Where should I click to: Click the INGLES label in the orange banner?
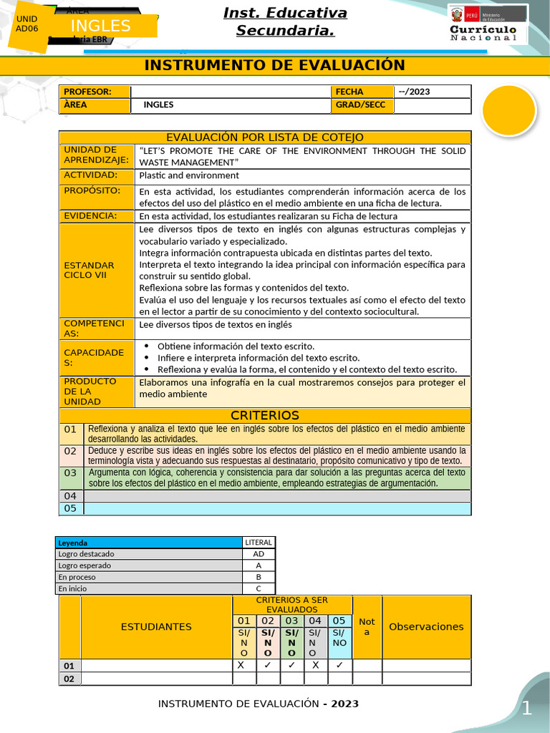pos(101,26)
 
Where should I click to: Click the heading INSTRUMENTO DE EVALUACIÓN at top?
pos(274,66)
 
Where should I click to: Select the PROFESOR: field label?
pos(87,92)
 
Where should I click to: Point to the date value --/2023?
pos(413,92)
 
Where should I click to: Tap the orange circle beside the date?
pos(509,110)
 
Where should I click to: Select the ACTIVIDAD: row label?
pos(90,175)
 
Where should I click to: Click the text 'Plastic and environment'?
pos(189,175)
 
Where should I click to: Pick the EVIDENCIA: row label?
pos(90,216)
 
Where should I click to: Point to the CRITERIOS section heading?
pos(265,415)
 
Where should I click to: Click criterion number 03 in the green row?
pos(70,473)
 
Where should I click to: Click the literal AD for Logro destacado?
pos(259,554)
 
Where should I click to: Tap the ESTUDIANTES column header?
pos(156,627)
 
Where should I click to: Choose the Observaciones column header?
pos(426,627)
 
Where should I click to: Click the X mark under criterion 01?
pos(241,665)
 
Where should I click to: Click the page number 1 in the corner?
pos(526,709)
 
